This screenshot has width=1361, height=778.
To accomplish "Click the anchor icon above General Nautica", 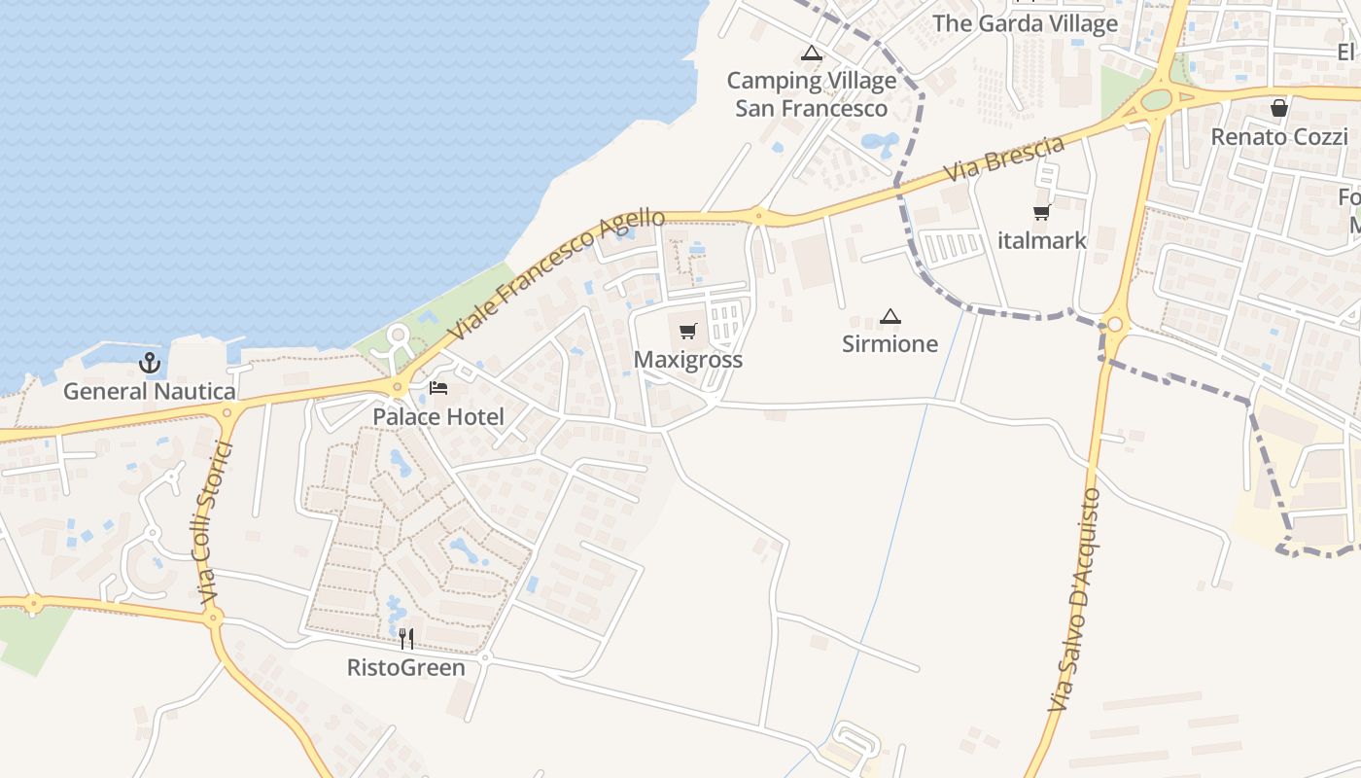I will (150, 364).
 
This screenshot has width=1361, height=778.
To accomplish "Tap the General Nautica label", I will (150, 392).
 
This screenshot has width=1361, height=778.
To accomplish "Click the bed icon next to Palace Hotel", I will (438, 388).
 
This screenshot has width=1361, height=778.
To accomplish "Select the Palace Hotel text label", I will (438, 417).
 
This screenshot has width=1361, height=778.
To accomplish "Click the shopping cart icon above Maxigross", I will (688, 332).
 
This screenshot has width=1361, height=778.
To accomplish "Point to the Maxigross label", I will (688, 360).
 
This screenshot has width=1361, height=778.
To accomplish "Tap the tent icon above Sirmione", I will (890, 316).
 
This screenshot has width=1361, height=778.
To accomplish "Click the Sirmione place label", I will (890, 344).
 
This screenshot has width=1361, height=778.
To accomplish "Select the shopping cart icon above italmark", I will (1042, 212).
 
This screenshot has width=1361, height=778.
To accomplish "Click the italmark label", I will (1042, 240).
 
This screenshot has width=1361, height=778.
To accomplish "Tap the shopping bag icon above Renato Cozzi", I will (1279, 108).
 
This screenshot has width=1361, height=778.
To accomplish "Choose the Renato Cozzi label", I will (1279, 137).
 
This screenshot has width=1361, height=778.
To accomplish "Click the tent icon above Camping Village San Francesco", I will (811, 53).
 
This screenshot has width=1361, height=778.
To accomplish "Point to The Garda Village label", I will (1026, 23).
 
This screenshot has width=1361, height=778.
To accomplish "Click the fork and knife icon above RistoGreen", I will (406, 639).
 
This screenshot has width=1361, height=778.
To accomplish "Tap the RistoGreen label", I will (406, 668).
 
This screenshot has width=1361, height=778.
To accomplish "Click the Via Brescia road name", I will (1005, 159).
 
